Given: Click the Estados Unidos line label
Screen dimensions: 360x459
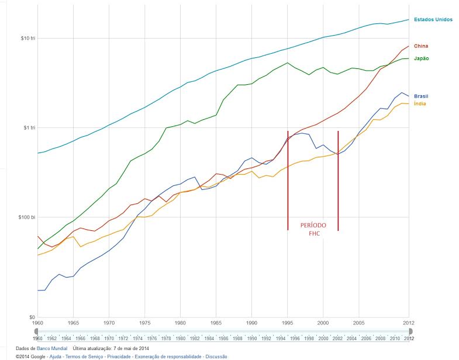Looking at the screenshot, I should pyautogui.click(x=433, y=19).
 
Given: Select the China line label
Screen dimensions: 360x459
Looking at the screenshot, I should pyautogui.click(x=421, y=46).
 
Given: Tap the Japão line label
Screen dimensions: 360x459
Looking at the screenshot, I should pyautogui.click(x=422, y=58).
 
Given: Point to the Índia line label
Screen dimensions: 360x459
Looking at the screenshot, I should pyautogui.click(x=420, y=104).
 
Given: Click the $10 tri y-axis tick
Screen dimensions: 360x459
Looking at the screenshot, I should pyautogui.click(x=21, y=39).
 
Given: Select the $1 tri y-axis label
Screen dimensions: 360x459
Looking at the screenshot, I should pyautogui.click(x=22, y=128).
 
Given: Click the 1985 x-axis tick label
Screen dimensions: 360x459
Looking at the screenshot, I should pyautogui.click(x=216, y=323).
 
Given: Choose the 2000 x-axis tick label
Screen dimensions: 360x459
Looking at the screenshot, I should pyautogui.click(x=323, y=323).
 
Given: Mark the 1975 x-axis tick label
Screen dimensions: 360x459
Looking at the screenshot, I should pyautogui.click(x=144, y=323).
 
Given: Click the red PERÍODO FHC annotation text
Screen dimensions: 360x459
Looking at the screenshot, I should pyautogui.click(x=313, y=229).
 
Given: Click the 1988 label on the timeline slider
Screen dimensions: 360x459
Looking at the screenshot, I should pyautogui.click(x=237, y=338).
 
